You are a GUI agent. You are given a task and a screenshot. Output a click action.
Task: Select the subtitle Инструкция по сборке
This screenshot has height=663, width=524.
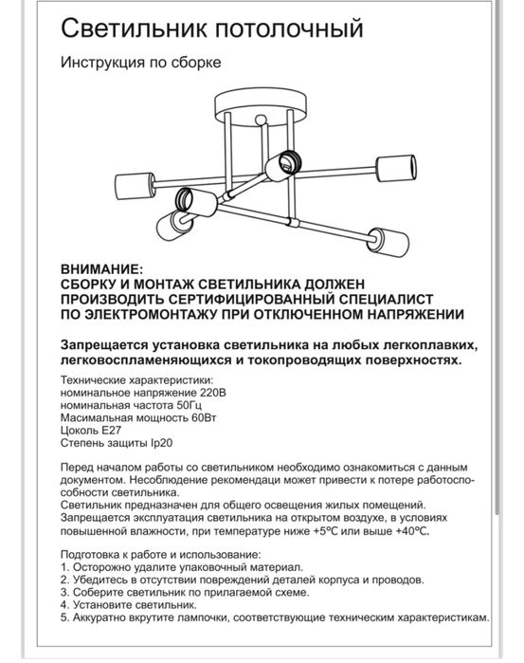tap(140, 64)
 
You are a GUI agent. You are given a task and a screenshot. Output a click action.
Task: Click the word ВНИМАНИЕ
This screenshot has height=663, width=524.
tap(101, 269)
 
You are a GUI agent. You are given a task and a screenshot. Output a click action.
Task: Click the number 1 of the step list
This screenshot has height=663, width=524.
tap(63, 564)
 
